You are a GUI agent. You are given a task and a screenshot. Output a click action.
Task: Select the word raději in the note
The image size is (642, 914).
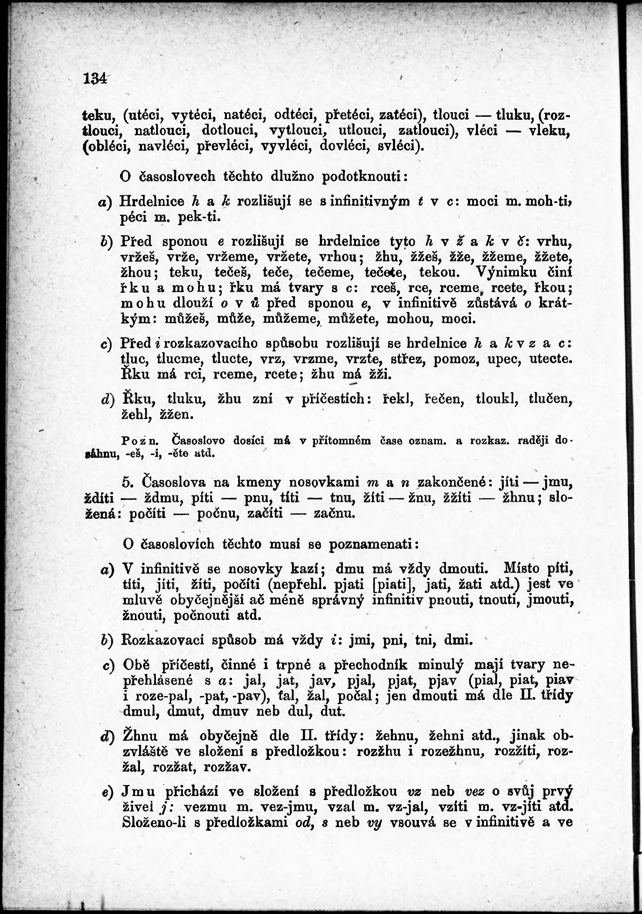533,441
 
